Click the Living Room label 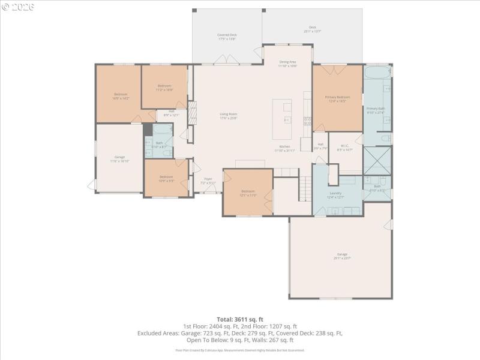(228, 116)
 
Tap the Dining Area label (287, 64)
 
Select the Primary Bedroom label (337, 98)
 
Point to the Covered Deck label (227, 37)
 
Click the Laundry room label (335, 194)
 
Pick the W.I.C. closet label (345, 147)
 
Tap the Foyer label (208, 180)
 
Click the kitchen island (282, 119)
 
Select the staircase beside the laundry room (305, 189)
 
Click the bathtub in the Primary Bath (377, 74)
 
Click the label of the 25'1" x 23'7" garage (342, 256)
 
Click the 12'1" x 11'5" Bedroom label (248, 193)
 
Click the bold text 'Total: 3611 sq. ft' (240, 319)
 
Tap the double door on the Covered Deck (227, 60)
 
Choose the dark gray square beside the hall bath (148, 130)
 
